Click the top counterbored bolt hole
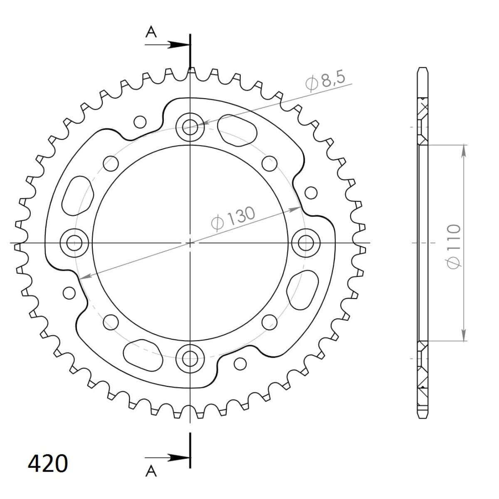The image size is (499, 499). click(x=190, y=125)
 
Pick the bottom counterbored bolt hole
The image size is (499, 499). click(x=190, y=356)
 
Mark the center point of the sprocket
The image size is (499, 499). click(x=190, y=242)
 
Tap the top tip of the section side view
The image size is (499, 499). click(x=422, y=68)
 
